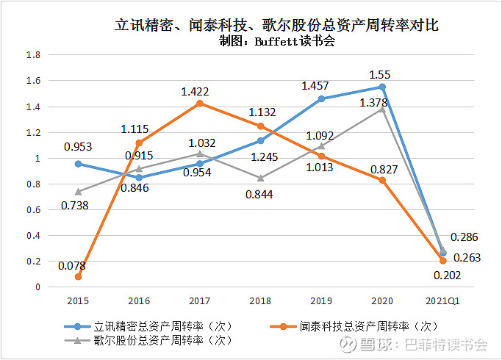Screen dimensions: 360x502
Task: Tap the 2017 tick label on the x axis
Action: [200, 300]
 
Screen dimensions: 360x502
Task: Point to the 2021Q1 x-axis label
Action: [442, 300]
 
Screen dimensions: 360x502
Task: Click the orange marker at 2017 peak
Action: [200, 104]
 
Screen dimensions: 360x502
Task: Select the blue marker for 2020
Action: [382, 87]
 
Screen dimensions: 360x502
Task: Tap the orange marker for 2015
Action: [78, 276]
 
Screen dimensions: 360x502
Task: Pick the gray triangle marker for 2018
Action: [261, 178]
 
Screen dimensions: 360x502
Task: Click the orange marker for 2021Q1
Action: [442, 261]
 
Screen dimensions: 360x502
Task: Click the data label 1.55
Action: [382, 74]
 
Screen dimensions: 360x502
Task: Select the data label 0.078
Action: [72, 265]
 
